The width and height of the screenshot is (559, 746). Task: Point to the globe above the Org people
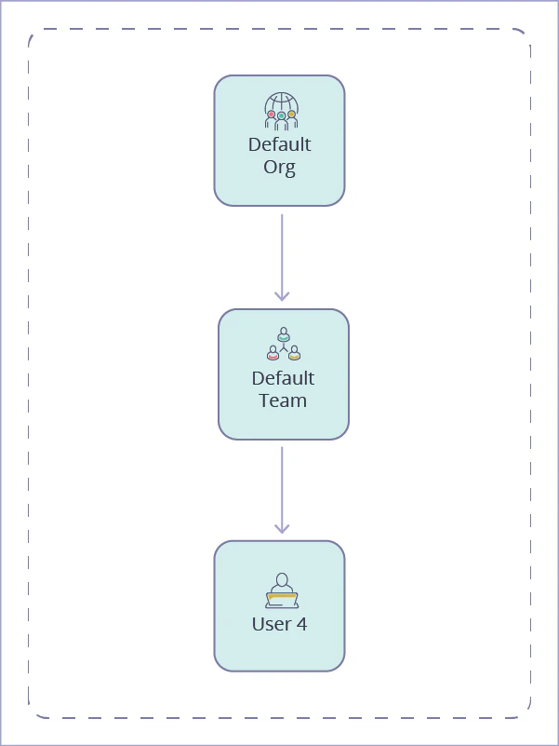281,102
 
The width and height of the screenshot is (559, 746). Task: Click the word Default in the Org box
279,144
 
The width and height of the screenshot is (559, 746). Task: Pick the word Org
279,168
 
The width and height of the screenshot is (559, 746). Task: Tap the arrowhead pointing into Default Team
282,295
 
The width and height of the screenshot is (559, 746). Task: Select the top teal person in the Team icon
284,332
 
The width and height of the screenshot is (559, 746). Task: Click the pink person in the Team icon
273,352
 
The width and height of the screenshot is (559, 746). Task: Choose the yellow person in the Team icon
294,352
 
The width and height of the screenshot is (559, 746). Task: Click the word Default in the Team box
283,378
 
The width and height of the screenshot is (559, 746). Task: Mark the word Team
283,401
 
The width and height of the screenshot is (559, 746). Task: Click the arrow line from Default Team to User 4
282,484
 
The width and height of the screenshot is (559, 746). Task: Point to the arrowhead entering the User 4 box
282,528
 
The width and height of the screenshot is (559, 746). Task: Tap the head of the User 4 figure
282,579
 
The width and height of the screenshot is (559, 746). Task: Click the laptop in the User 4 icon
282,599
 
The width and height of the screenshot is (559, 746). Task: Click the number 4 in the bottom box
301,624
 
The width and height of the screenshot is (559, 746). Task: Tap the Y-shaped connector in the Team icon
284,346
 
